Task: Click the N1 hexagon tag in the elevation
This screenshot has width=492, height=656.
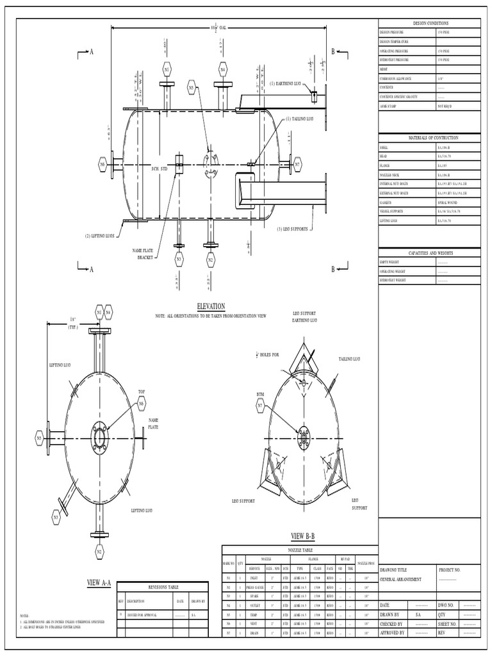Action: point(167,69)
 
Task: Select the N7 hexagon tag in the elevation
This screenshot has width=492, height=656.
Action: point(297,165)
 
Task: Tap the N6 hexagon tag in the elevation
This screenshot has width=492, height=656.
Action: point(102,165)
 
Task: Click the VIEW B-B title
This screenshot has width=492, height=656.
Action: point(303,536)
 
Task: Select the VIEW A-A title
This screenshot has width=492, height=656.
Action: point(99,582)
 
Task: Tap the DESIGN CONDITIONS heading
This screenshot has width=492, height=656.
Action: point(429,22)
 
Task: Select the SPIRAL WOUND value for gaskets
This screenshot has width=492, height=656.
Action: point(448,202)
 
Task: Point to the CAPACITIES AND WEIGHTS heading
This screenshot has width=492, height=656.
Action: point(429,253)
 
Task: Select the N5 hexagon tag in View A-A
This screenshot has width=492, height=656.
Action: point(40,438)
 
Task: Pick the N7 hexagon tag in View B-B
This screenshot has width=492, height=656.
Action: point(260,406)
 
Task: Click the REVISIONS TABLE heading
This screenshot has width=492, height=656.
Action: point(163,587)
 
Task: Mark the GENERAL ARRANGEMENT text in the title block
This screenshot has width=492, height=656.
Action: point(401,578)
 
